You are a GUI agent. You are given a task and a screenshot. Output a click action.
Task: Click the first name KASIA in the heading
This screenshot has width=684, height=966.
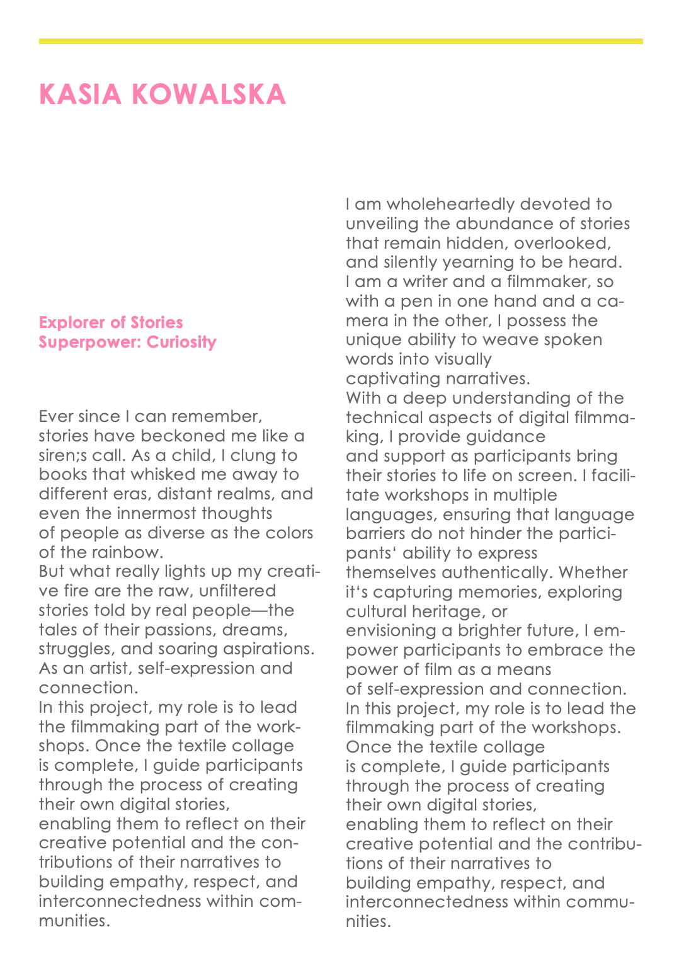click(80, 94)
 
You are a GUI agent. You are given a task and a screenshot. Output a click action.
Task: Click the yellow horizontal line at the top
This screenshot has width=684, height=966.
click(341, 41)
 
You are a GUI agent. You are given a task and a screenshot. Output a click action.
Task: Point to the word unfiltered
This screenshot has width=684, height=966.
click(237, 591)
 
